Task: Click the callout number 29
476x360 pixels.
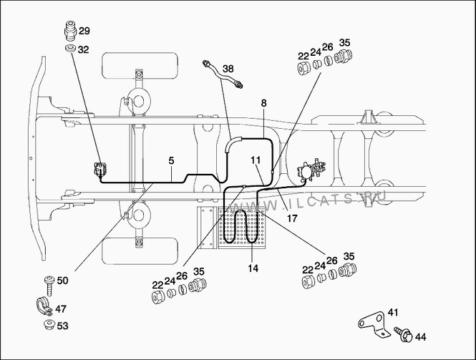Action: click(x=84, y=31)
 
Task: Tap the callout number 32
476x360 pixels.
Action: click(x=84, y=49)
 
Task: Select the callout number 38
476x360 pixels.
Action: click(x=228, y=69)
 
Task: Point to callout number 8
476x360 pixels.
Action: click(x=263, y=103)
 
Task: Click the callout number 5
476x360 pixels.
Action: click(x=171, y=160)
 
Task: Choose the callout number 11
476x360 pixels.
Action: click(x=256, y=160)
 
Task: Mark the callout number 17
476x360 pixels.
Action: click(x=292, y=218)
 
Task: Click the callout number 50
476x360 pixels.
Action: click(x=62, y=281)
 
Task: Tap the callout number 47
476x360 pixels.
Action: click(x=62, y=308)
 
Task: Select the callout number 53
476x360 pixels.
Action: click(x=62, y=326)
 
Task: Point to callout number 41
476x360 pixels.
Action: click(x=393, y=313)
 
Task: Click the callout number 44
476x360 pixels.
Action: click(x=420, y=336)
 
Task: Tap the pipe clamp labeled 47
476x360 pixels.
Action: click(x=41, y=306)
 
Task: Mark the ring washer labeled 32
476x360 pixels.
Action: click(x=69, y=49)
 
